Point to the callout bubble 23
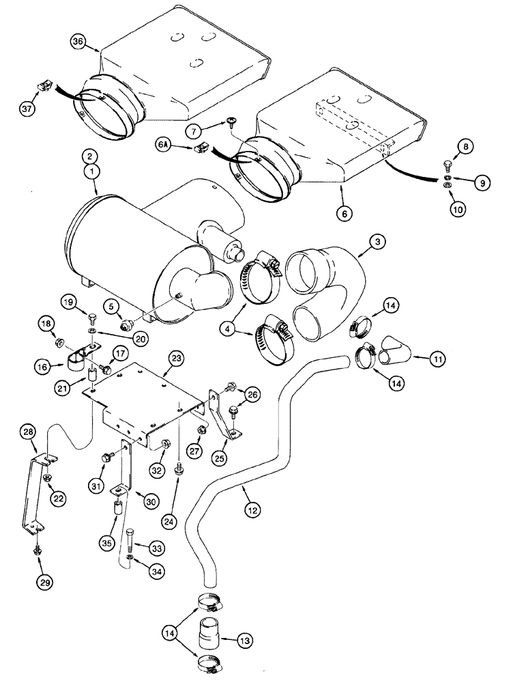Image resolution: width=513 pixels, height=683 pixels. (x=176, y=357)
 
